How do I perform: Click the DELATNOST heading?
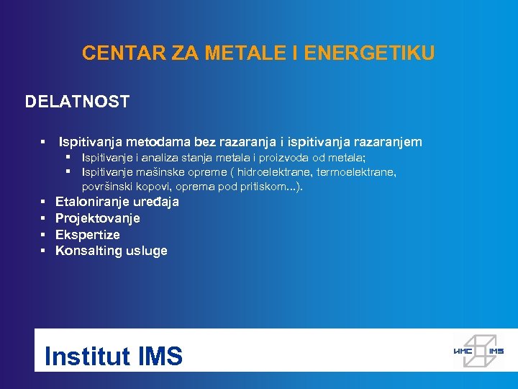[x=77, y=102]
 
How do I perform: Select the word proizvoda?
[x=305, y=158]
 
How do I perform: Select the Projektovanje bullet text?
[x=98, y=218]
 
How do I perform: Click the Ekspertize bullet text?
[x=88, y=235]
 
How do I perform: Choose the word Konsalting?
[x=86, y=251]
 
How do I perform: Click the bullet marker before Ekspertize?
[x=43, y=235]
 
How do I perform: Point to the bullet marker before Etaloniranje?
[x=43, y=202]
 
